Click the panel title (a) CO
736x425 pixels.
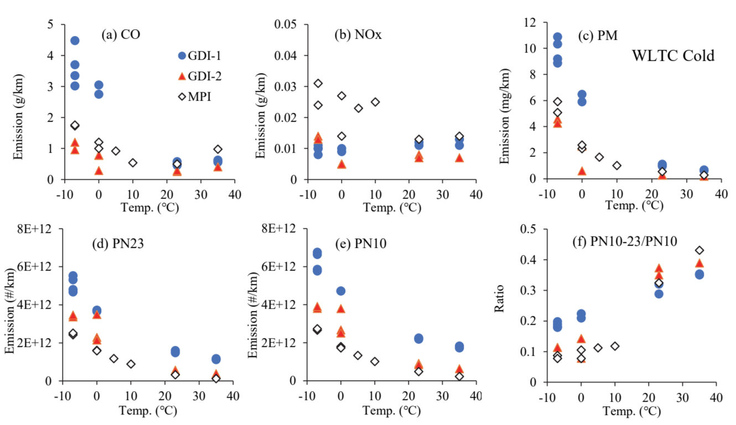(120, 35)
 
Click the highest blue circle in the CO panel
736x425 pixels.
(75, 40)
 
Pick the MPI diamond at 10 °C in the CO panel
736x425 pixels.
(133, 163)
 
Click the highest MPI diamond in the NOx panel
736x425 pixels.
(318, 84)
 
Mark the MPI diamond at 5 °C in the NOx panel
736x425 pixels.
(359, 108)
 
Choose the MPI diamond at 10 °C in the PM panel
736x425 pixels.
(617, 165)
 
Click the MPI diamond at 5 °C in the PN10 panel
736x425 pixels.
(358, 355)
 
